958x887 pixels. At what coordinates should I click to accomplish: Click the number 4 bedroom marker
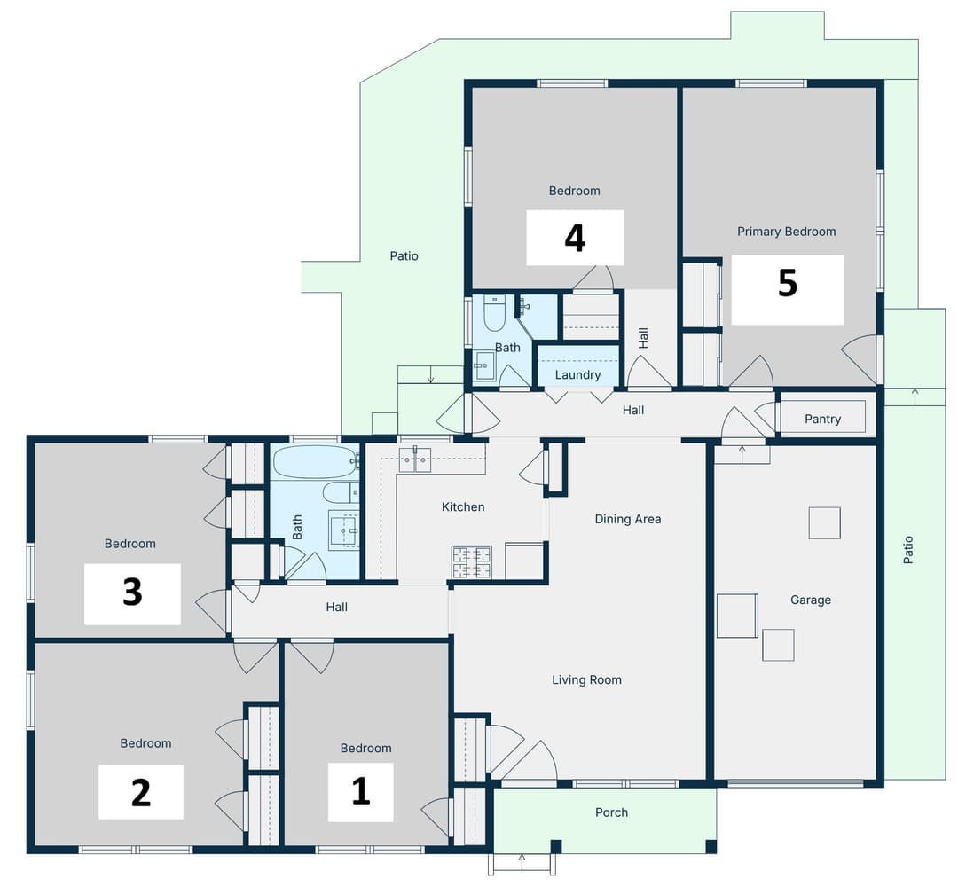575,238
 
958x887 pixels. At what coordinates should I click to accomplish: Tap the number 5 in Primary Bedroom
787,283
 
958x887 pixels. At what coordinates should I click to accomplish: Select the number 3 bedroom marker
132,593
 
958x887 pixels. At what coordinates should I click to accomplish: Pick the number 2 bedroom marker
140,792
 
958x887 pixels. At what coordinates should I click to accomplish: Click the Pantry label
822,419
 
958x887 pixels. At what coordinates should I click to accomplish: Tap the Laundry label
577,375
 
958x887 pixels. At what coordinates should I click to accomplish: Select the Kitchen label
463,507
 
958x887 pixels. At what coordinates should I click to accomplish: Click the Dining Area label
627,519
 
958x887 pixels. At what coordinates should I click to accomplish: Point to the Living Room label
586,680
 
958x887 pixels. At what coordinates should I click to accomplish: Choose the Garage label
811,600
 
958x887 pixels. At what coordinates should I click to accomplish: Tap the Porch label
611,812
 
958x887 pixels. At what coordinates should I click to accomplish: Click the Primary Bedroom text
786,232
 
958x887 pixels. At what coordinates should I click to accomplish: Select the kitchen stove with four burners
471,562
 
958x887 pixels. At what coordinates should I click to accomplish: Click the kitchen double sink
414,459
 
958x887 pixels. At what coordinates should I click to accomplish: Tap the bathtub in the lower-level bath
315,462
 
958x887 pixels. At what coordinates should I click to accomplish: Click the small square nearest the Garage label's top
824,522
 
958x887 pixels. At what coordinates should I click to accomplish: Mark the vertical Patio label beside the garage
907,550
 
